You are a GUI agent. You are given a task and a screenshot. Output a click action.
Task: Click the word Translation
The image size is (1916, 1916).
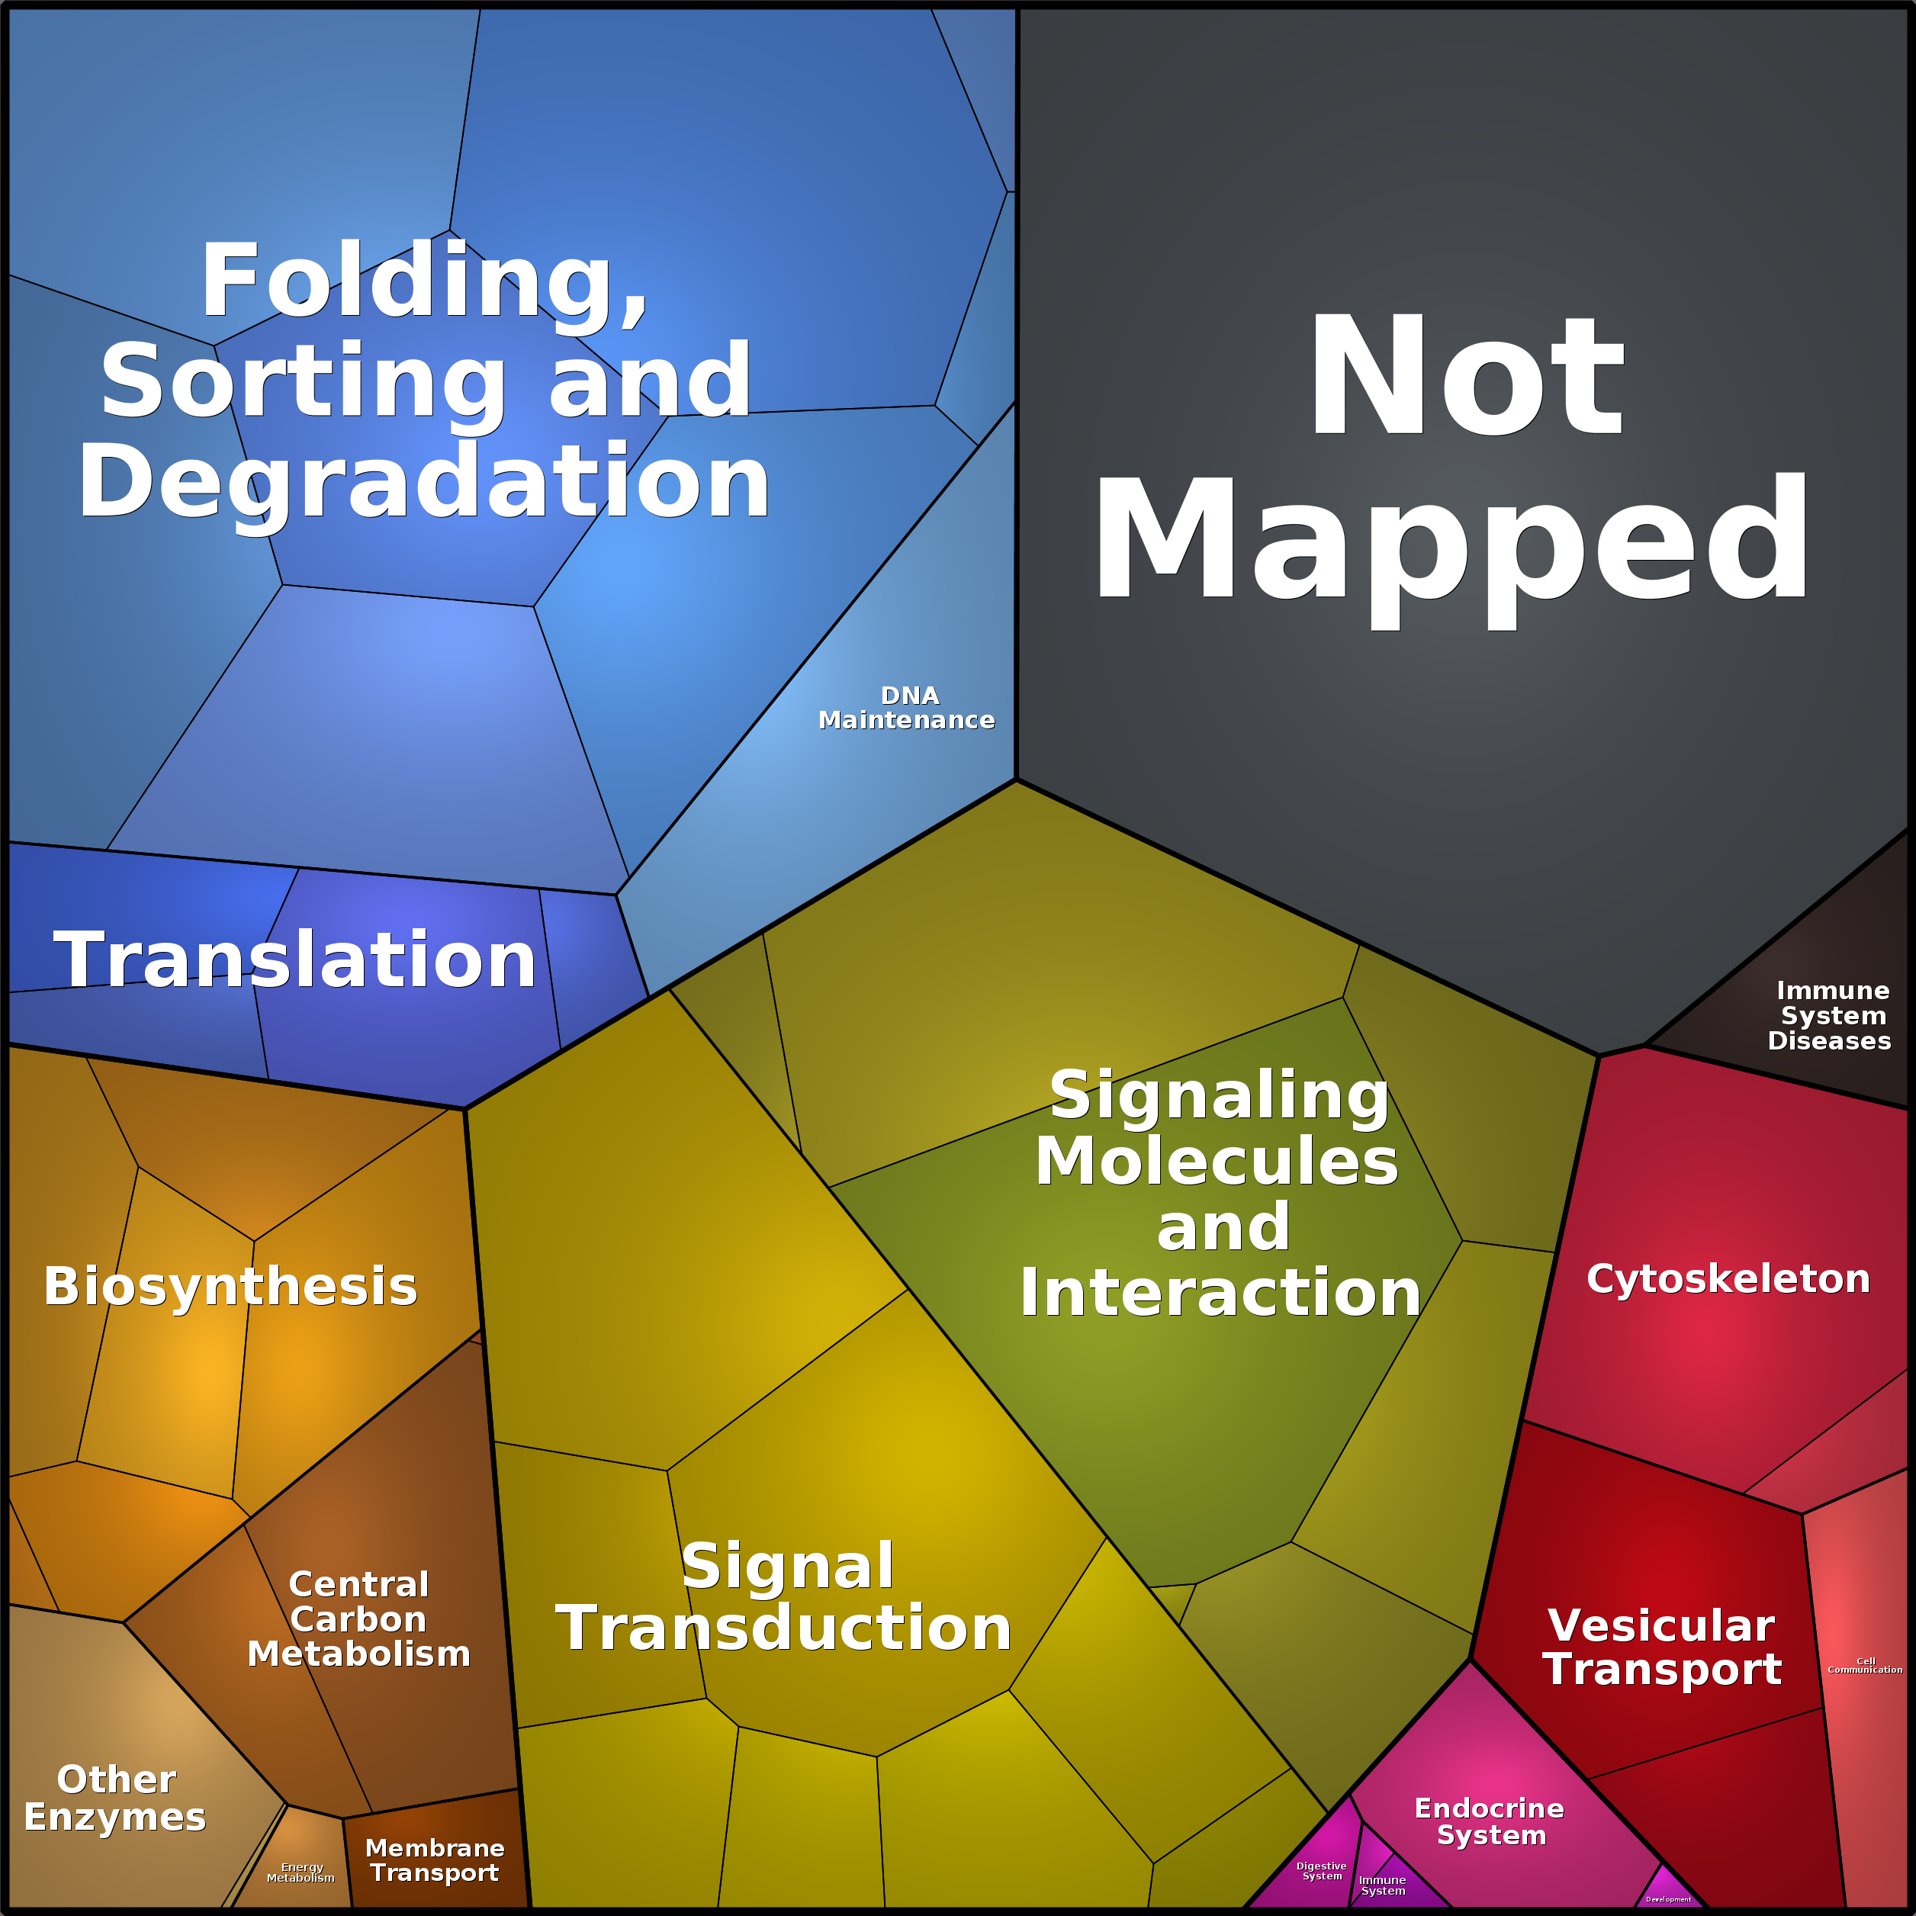(x=294, y=960)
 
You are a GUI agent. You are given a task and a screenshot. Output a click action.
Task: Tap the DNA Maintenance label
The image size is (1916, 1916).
(x=906, y=708)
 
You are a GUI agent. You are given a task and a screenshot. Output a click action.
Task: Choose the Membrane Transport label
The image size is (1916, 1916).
(x=434, y=1860)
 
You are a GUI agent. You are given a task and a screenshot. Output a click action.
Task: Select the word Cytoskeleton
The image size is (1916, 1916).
(x=1728, y=1279)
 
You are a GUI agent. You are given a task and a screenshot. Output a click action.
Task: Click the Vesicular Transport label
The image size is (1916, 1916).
(x=1662, y=1648)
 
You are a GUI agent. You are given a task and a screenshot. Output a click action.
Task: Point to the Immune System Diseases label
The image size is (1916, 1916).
(x=1831, y=1015)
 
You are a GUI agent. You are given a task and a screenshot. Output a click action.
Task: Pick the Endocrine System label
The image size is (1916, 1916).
(x=1490, y=1821)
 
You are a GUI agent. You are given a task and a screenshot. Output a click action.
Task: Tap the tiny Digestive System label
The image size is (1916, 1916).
(x=1321, y=1870)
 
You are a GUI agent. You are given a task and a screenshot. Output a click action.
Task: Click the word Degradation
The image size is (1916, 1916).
(x=424, y=482)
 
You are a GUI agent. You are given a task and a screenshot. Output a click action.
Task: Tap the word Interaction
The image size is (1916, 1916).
(x=1220, y=1293)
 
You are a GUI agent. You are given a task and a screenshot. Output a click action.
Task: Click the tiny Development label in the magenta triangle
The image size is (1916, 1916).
(x=1668, y=1899)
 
